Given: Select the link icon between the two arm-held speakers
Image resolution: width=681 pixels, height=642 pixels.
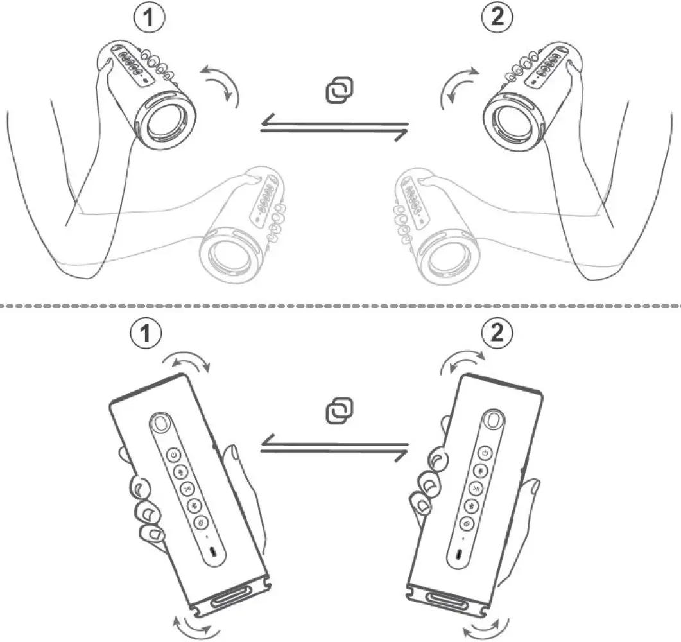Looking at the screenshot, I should [x=341, y=91].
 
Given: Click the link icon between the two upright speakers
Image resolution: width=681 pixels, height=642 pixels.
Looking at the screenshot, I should [x=341, y=410].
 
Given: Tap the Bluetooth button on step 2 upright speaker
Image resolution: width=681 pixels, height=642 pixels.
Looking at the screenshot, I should [x=476, y=507].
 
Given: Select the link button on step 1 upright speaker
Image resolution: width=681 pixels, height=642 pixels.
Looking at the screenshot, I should [x=200, y=523].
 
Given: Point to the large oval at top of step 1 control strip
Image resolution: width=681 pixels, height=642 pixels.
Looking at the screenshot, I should [x=160, y=424].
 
